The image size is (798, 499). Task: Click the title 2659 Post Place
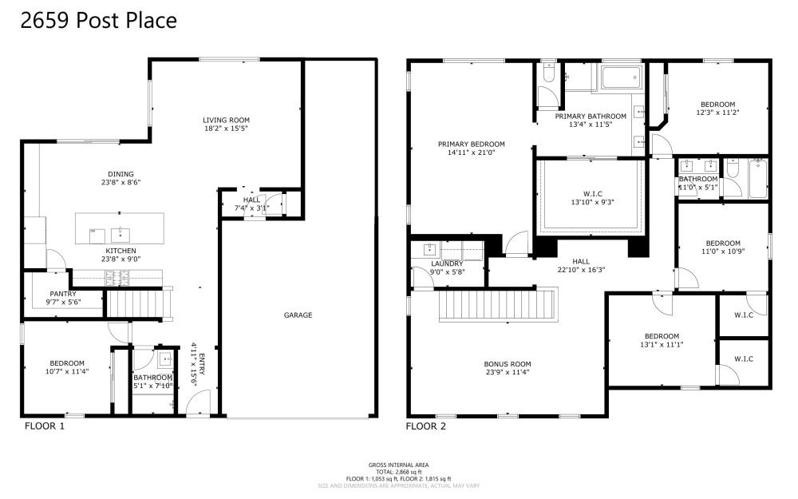point(98,21)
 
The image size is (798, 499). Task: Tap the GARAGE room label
point(298,315)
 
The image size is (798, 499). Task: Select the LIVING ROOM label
point(226,121)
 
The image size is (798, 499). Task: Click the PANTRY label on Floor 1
point(62,294)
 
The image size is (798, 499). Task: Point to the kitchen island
point(119,229)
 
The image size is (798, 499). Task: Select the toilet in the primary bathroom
point(547,74)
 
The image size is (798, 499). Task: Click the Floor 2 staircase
point(496,306)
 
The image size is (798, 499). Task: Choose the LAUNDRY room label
point(447,263)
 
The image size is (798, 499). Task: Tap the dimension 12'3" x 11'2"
point(718,113)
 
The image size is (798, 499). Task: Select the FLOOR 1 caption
point(45,426)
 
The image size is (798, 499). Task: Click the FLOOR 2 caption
point(425,426)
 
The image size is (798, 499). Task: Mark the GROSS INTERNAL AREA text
point(398,465)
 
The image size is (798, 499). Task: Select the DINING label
point(120,174)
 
